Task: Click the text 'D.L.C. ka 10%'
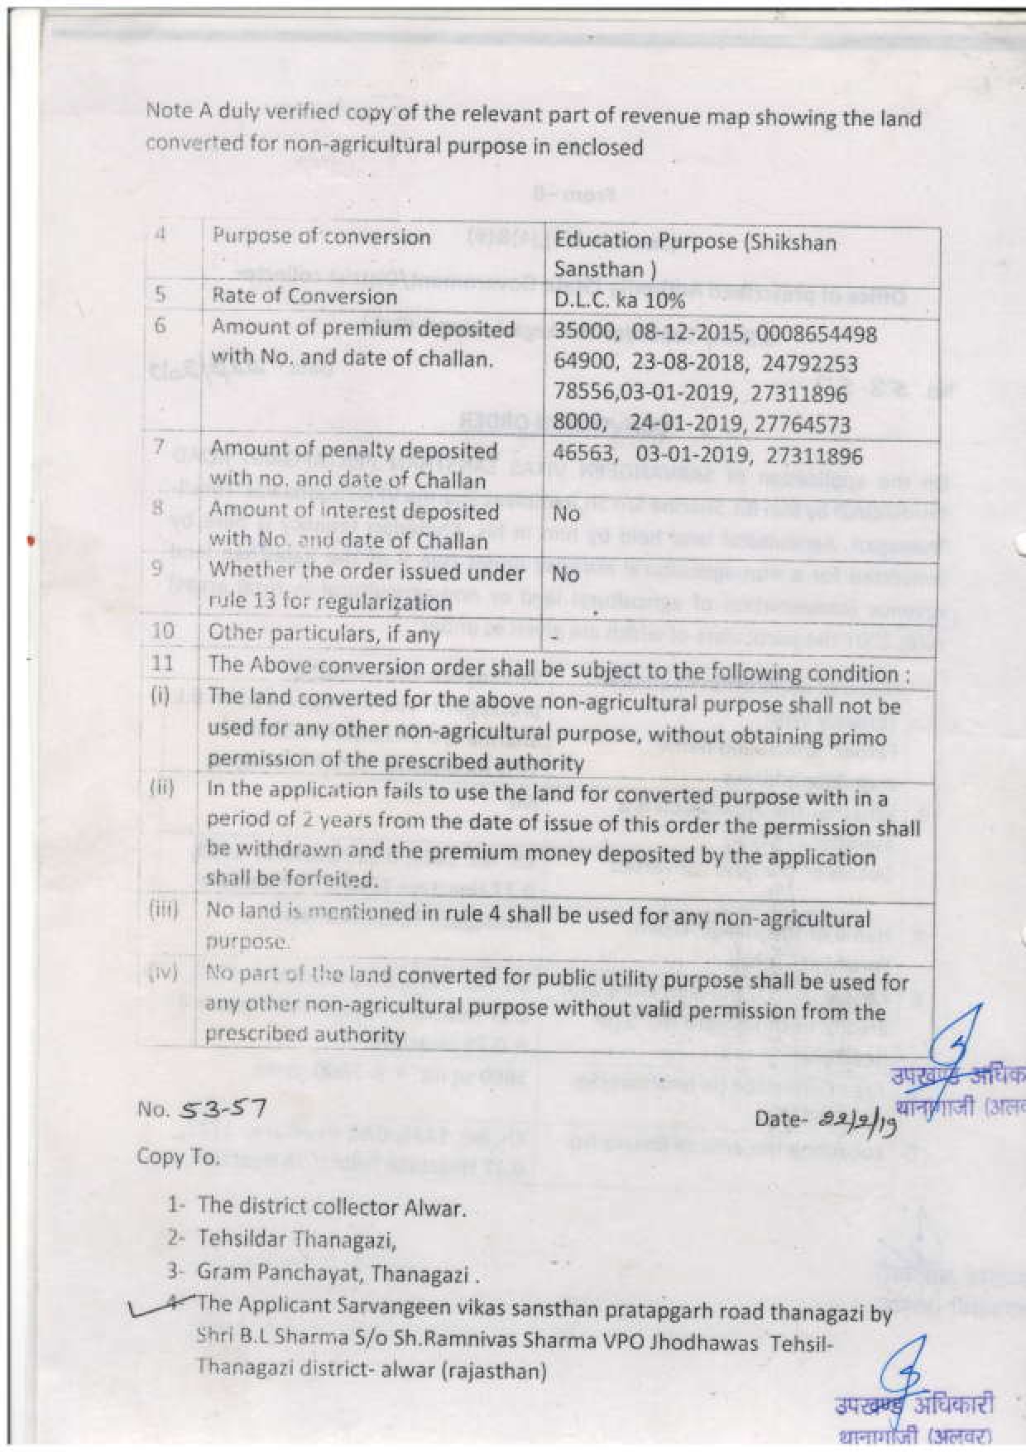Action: pyautogui.click(x=619, y=300)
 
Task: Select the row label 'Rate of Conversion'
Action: pyautogui.click(x=304, y=296)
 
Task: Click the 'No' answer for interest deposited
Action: pyautogui.click(x=566, y=514)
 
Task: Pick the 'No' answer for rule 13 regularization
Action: pyautogui.click(x=566, y=573)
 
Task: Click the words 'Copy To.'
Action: pyautogui.click(x=178, y=1157)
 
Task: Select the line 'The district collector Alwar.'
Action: pyautogui.click(x=331, y=1207)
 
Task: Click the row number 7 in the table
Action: pyautogui.click(x=159, y=448)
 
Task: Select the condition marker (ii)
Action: pyautogui.click(x=161, y=787)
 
